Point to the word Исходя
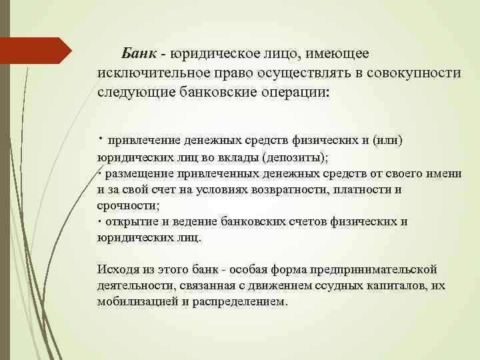118,269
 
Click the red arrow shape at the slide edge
37,51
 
